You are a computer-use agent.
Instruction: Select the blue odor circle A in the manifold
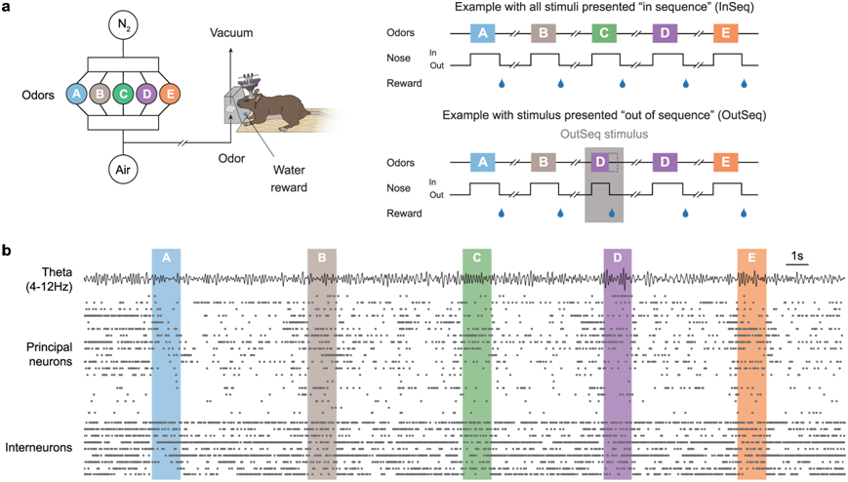(x=74, y=95)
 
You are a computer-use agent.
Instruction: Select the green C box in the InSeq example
(x=604, y=34)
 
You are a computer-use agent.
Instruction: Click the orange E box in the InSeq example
(x=726, y=34)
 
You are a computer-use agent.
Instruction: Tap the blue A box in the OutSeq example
(x=482, y=161)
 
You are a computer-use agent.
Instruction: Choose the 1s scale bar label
(x=796, y=257)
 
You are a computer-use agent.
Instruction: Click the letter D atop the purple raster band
(x=618, y=258)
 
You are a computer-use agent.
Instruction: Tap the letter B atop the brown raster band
(x=322, y=258)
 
